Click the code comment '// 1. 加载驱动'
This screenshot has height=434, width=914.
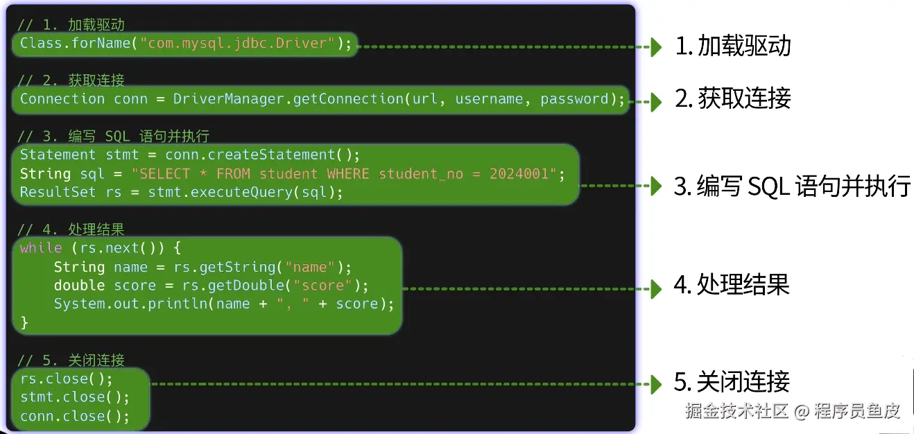tap(71, 25)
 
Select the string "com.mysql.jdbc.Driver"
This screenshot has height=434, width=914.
tap(238, 43)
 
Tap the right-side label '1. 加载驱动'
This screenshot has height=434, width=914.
tap(733, 46)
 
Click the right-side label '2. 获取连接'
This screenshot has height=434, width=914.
tap(733, 99)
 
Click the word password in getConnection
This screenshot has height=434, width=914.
tap(574, 99)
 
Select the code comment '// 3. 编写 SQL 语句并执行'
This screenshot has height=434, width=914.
tap(113, 136)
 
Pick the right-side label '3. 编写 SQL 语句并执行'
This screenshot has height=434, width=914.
tap(791, 186)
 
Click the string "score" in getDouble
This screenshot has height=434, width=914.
tap(323, 286)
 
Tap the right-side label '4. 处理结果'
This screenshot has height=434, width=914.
tap(732, 286)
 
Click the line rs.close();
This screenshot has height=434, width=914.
tap(66, 379)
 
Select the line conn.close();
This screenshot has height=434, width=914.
tap(75, 417)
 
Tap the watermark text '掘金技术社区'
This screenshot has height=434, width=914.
tap(736, 411)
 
